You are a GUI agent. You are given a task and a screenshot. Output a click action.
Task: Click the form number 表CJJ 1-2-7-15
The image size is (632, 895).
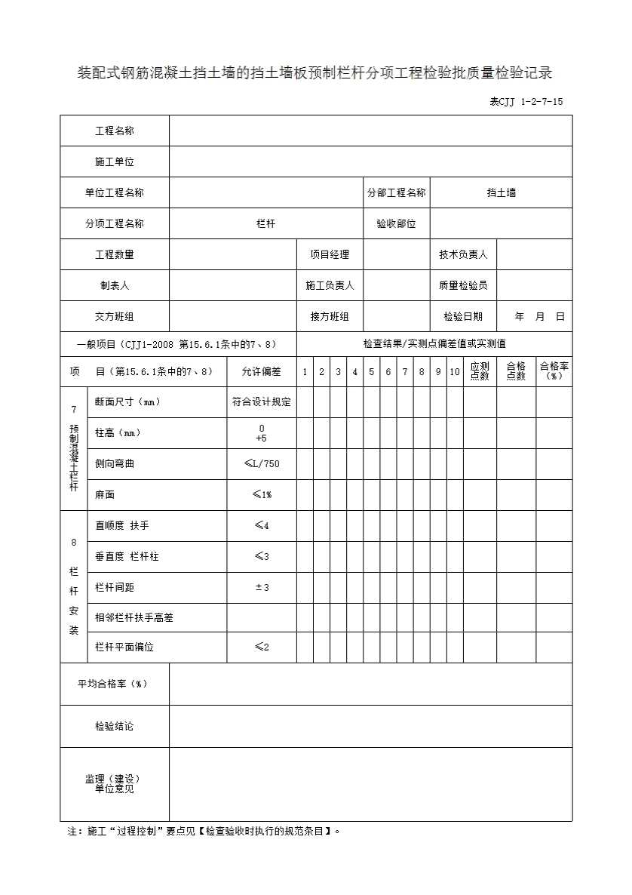coord(526,102)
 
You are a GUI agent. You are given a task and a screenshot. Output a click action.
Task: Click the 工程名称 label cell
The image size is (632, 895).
coord(115,131)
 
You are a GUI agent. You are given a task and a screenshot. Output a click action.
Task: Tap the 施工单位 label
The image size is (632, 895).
coord(115,161)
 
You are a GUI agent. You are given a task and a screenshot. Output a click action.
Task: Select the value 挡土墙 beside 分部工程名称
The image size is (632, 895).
coord(502,192)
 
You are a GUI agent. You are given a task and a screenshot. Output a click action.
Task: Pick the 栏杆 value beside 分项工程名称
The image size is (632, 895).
coord(265,223)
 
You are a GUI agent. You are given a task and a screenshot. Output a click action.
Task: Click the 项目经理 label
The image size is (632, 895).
coord(330,254)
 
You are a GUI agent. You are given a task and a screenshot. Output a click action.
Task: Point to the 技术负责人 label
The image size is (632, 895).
coord(463,254)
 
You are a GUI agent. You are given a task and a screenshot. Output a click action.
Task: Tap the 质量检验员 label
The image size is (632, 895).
coord(463,285)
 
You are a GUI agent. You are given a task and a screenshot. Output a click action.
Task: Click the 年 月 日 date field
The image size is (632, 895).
coord(538,317)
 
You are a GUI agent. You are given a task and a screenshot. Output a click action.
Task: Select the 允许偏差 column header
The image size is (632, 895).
coord(261,371)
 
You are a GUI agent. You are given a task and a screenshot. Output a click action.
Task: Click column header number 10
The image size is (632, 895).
coord(455,371)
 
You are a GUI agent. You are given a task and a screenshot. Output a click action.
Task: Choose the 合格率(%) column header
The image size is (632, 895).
coord(554,371)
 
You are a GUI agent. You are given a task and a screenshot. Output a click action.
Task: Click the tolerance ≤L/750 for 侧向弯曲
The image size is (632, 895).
coord(262,463)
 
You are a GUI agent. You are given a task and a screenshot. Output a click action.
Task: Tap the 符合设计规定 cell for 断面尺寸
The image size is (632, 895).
coord(261,402)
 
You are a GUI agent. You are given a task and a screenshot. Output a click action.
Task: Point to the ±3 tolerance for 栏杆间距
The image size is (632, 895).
coord(262,587)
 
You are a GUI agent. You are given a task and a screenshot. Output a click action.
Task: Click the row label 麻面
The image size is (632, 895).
coord(105,495)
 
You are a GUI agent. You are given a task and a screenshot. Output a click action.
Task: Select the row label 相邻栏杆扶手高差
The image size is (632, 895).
coord(134,617)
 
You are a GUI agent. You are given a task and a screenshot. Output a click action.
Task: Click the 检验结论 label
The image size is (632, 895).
coord(115,726)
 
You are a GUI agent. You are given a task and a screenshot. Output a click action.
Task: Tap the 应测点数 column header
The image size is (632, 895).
coord(480,371)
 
